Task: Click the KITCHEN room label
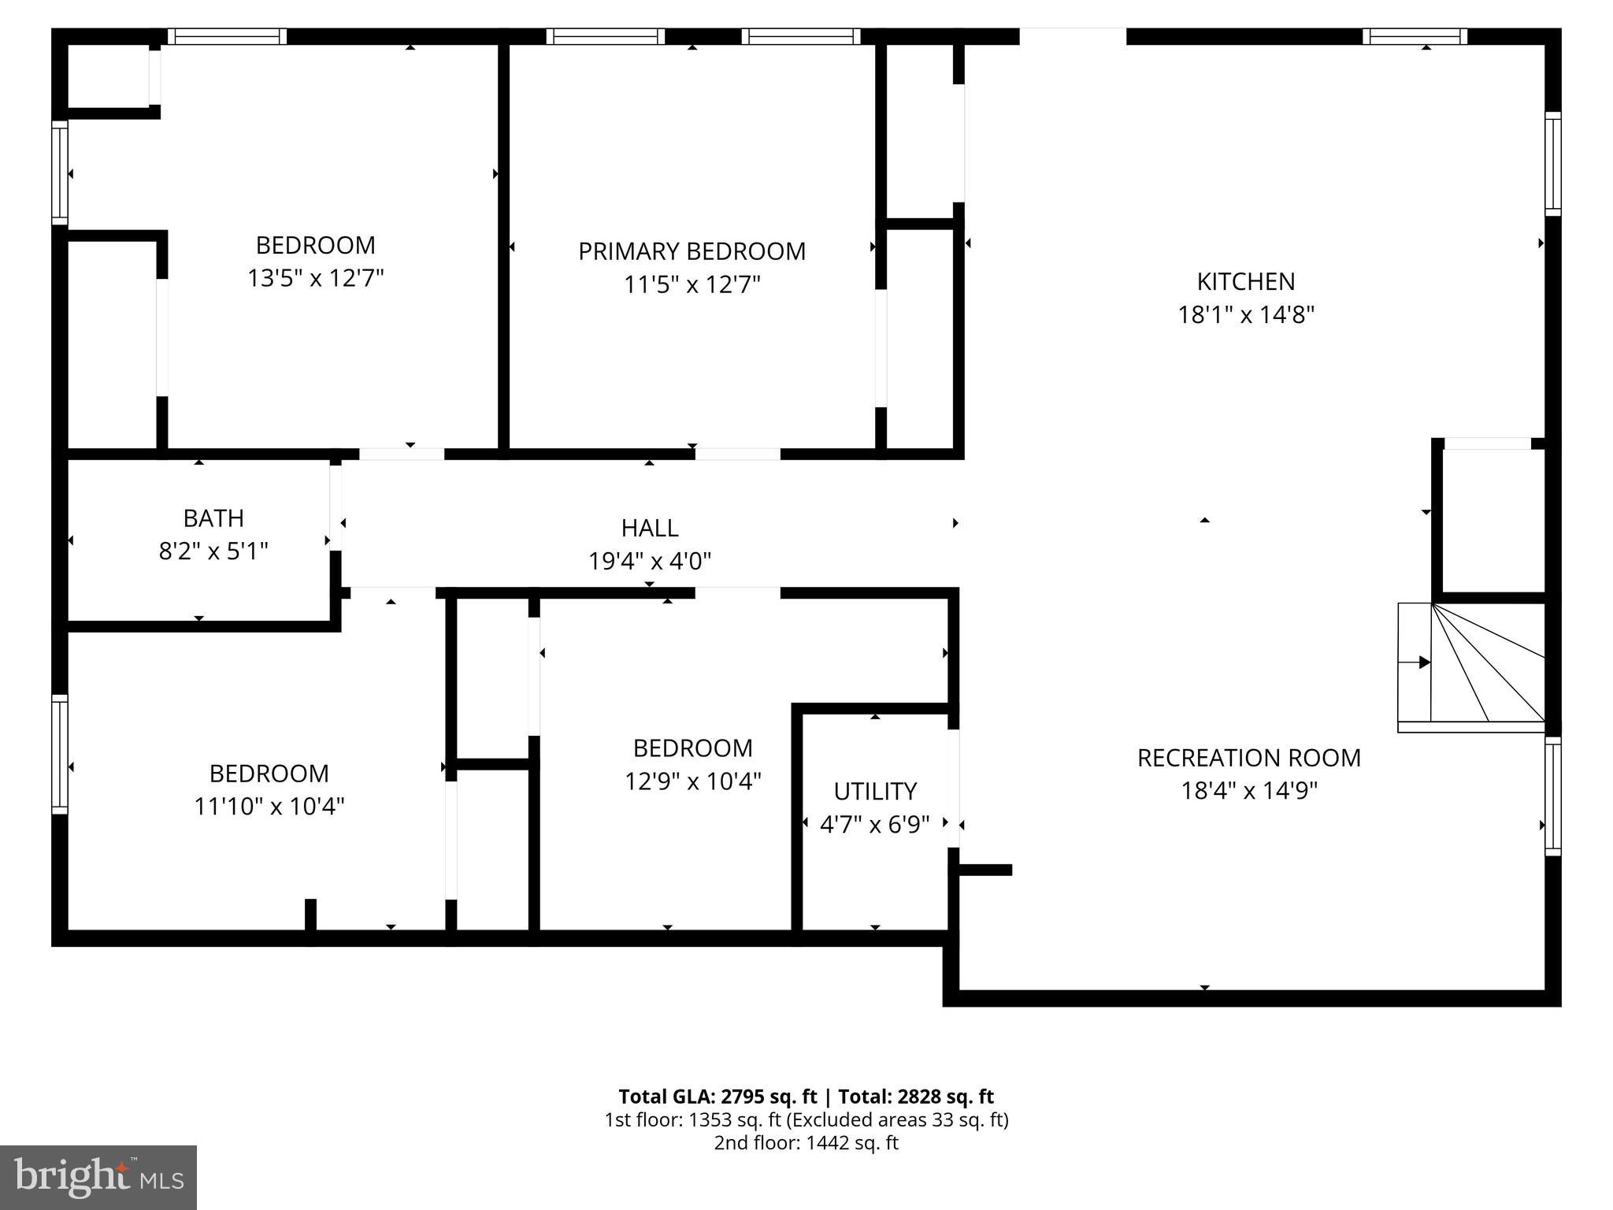(x=1245, y=281)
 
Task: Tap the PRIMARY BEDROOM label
(x=692, y=251)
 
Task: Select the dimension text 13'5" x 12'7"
(x=315, y=278)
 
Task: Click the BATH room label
(x=213, y=518)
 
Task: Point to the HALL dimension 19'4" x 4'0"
(x=650, y=561)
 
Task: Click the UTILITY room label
(x=875, y=790)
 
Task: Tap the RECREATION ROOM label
(x=1248, y=757)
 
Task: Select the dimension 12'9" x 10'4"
(x=692, y=781)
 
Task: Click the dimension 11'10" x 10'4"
(x=269, y=806)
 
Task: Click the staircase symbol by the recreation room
(x=1470, y=666)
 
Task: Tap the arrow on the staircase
(x=1423, y=663)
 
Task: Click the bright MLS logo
(x=98, y=1177)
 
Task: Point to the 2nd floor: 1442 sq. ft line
(x=806, y=1143)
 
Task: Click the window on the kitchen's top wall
(x=1415, y=36)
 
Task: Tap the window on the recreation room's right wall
(x=1552, y=795)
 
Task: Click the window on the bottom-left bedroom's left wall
(x=60, y=754)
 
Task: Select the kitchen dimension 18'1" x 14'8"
(x=1245, y=314)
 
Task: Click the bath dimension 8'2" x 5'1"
(x=213, y=551)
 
